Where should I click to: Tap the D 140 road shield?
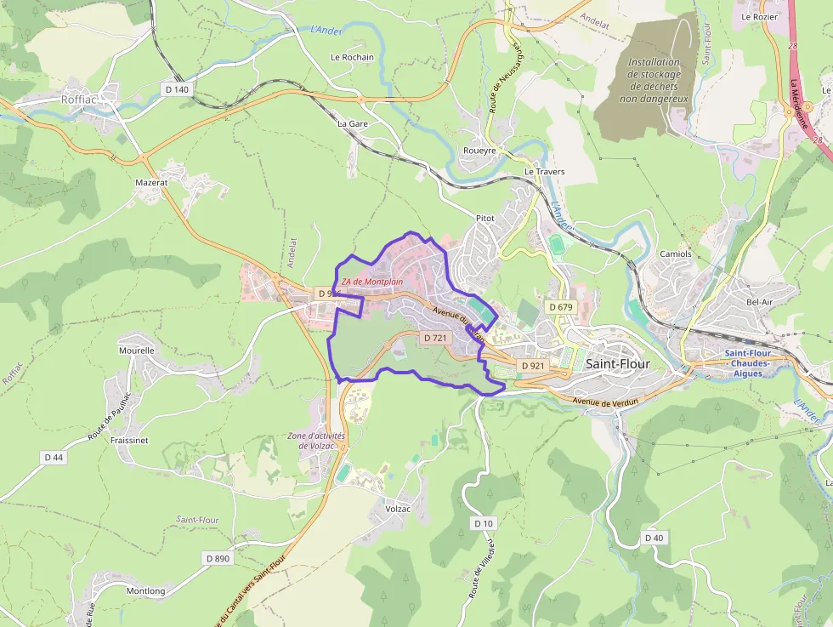click(x=176, y=88)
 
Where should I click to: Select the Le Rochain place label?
click(x=352, y=57)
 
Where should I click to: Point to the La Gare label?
click(x=353, y=123)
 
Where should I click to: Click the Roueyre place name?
click(x=479, y=150)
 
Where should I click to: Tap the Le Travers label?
click(x=544, y=172)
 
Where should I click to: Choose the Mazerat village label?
click(x=151, y=182)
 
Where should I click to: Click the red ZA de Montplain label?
click(x=372, y=282)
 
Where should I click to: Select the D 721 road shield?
click(x=434, y=338)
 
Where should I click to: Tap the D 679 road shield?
click(x=561, y=306)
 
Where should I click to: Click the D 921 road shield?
click(x=532, y=366)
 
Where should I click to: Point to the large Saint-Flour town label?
click(x=618, y=363)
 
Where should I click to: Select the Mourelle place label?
click(x=136, y=350)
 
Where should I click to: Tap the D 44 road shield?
click(x=53, y=457)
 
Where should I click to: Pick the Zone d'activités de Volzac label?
click(x=315, y=441)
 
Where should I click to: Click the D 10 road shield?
click(x=483, y=522)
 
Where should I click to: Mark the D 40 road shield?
click(x=653, y=538)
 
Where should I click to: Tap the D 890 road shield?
click(x=218, y=558)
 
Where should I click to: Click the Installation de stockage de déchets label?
click(x=654, y=80)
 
